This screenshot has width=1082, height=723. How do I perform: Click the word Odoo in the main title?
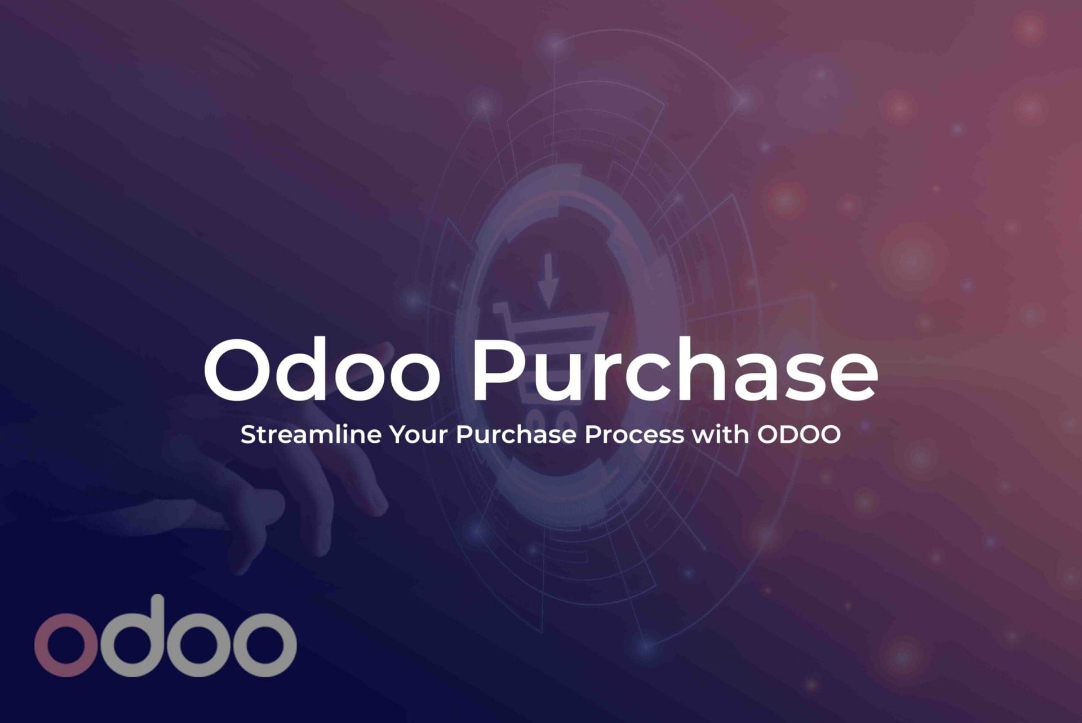pyautogui.click(x=322, y=369)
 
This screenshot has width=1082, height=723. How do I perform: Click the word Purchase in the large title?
pyautogui.click(x=674, y=369)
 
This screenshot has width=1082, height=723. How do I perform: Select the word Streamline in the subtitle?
pyautogui.click(x=311, y=434)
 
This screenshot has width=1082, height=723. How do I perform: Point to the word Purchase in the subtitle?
pyautogui.click(x=516, y=434)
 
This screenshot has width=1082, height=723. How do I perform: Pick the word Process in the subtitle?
pyautogui.click(x=634, y=434)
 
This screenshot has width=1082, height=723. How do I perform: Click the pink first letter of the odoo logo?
pyautogui.click(x=66, y=645)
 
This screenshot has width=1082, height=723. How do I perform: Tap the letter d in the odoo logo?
pyautogui.click(x=132, y=636)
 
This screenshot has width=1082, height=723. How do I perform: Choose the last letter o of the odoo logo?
pyautogui.click(x=264, y=645)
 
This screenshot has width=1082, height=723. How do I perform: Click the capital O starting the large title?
pyautogui.click(x=236, y=370)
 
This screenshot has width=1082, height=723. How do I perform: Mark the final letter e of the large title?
pyautogui.click(x=854, y=378)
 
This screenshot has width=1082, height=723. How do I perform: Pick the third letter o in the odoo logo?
pyautogui.click(x=198, y=645)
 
